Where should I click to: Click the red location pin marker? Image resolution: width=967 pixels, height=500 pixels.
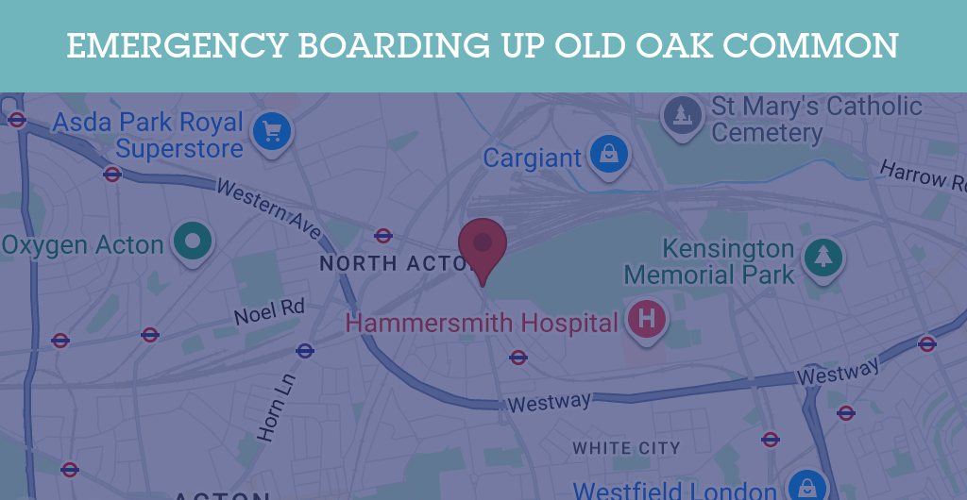coord(483,245)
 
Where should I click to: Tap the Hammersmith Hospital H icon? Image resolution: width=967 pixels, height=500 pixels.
coord(647,319)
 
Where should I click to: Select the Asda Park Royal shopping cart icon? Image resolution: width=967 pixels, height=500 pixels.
coord(273,130)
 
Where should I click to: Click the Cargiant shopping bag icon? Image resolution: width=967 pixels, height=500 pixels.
coord(609,152)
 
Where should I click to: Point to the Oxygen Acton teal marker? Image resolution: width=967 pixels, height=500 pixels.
coord(194,242)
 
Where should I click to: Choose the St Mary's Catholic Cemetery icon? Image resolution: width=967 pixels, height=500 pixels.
coord(681,116)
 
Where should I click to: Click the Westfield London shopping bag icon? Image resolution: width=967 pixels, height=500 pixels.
coord(807,487)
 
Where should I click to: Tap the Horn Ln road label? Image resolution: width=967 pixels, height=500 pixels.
coord(271,406)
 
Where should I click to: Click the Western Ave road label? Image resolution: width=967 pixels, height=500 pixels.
coord(268,208)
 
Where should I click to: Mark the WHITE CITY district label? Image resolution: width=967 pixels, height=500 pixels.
coord(626,448)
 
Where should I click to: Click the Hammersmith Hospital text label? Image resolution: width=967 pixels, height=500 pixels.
coord(482,323)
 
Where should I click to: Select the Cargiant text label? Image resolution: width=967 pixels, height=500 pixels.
coord(533,158)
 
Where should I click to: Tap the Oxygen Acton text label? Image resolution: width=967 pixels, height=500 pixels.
coord(83,245)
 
